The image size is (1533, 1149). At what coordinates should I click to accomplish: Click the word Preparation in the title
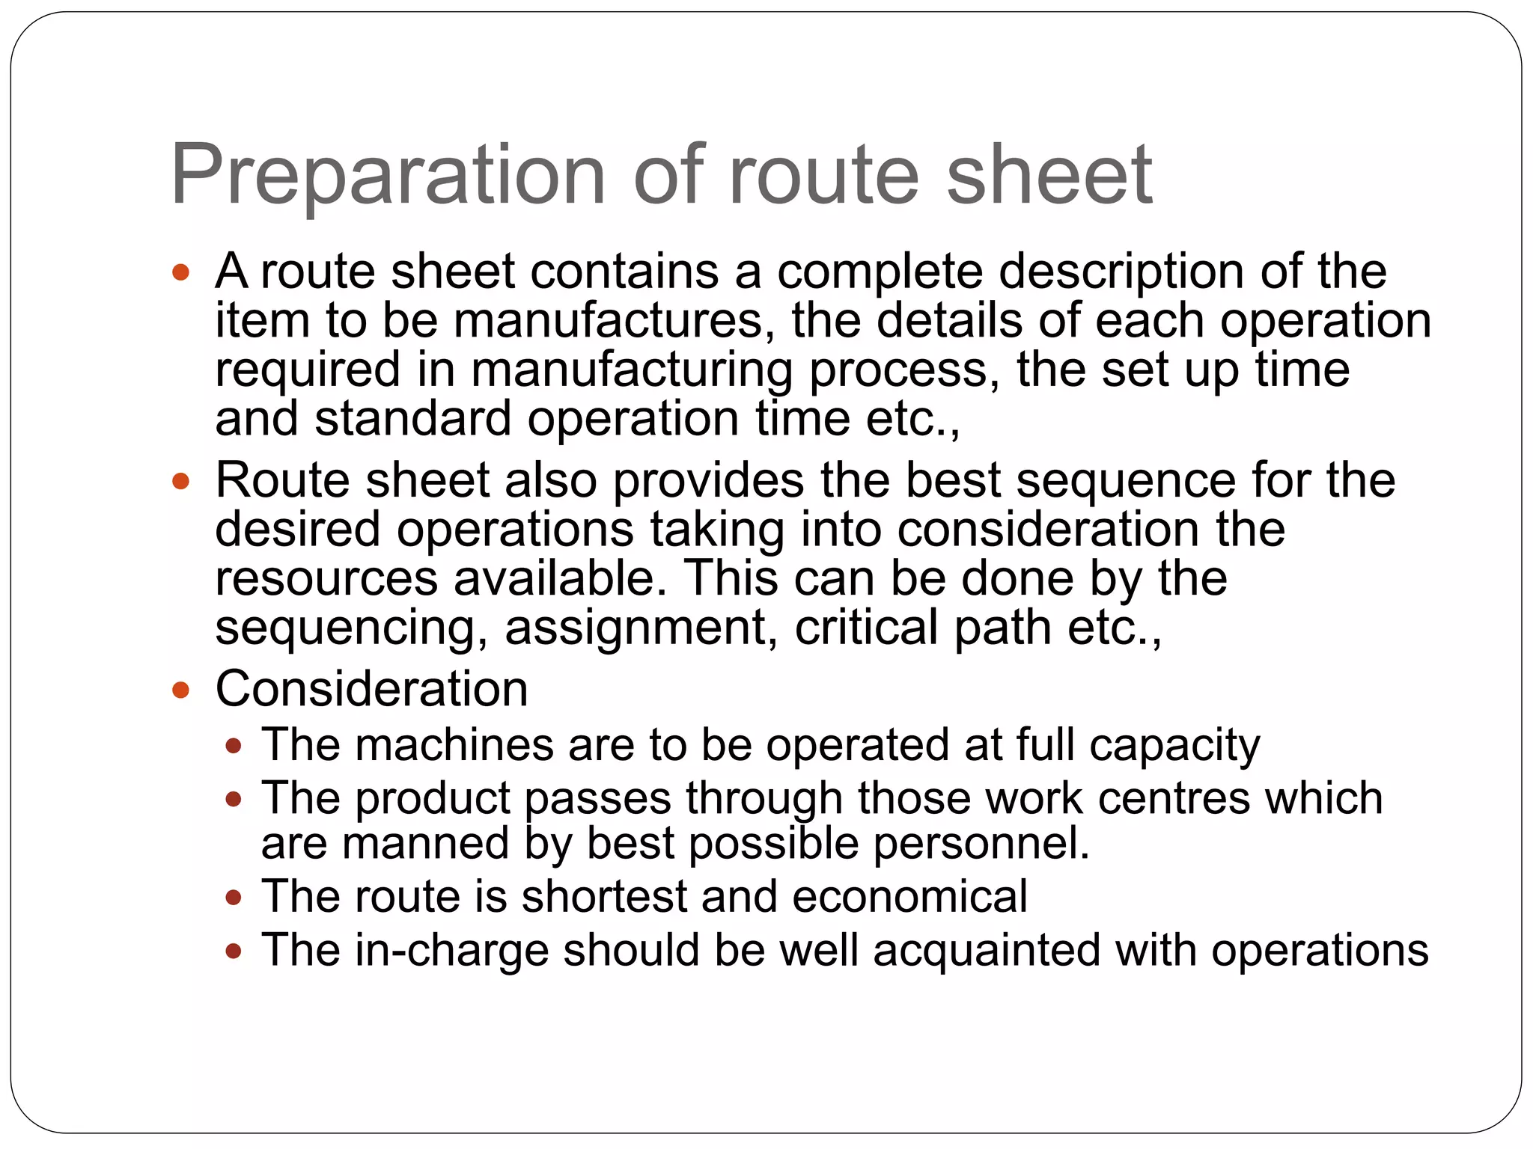tap(388, 175)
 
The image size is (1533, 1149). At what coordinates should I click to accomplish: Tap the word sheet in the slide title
tap(1049, 175)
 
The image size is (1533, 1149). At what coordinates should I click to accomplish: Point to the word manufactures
tap(609, 320)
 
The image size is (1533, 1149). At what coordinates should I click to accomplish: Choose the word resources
tap(326, 578)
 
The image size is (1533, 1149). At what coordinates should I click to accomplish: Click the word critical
tap(866, 627)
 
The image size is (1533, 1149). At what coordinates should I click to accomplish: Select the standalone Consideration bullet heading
tap(371, 688)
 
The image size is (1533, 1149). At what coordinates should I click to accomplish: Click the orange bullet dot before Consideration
tap(180, 689)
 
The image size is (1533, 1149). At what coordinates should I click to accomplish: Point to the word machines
tap(454, 745)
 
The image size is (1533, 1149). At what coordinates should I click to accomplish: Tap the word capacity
tap(1174, 745)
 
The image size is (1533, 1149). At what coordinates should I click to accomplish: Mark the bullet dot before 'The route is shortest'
tap(234, 897)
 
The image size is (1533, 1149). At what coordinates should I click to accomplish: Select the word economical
tap(909, 896)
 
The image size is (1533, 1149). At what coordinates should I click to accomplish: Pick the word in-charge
tap(451, 950)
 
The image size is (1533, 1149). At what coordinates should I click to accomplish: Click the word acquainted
tap(987, 950)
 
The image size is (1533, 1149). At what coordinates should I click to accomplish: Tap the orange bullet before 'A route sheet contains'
tap(180, 272)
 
